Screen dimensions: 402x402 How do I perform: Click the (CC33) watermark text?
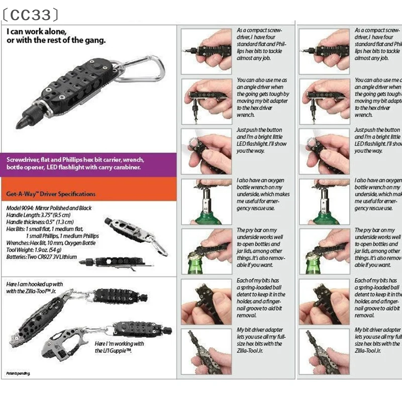[x=30, y=15]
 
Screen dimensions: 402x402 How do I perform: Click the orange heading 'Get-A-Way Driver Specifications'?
[x=51, y=194]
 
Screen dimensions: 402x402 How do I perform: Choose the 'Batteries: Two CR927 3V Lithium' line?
[x=41, y=257]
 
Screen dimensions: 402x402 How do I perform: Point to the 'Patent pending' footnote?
[x=18, y=373]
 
